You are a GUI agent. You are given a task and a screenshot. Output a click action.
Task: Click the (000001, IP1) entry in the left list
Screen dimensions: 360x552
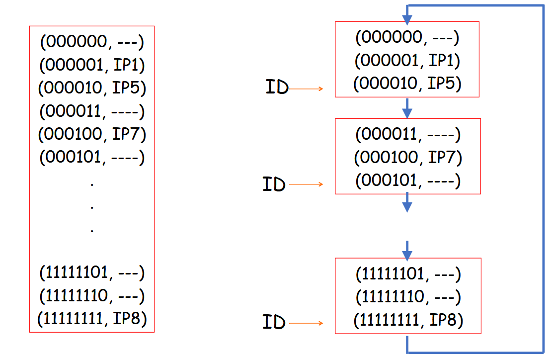tap(92, 65)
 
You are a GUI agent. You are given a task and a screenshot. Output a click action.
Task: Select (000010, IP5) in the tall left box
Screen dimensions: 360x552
tap(92, 88)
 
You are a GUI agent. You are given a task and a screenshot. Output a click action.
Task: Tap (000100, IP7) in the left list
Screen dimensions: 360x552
tap(92, 134)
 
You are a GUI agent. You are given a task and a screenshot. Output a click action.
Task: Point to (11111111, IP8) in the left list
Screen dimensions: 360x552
tap(92, 318)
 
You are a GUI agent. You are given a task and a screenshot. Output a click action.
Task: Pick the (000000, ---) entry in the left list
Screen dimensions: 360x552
tap(92, 42)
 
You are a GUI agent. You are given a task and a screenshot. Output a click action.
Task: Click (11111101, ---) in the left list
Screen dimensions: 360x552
tap(92, 272)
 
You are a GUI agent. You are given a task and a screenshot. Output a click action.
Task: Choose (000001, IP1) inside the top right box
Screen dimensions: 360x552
tap(407, 61)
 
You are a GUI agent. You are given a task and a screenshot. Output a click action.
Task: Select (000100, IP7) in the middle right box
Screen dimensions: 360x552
tap(408, 158)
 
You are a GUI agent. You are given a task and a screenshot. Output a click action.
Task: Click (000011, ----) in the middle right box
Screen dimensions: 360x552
tap(408, 134)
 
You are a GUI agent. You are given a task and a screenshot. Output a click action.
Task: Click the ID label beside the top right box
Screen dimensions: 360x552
tap(277, 89)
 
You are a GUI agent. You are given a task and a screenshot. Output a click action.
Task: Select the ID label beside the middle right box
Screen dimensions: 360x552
tap(274, 184)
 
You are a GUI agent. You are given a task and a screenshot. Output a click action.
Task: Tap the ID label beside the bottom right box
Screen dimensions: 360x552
tap(274, 323)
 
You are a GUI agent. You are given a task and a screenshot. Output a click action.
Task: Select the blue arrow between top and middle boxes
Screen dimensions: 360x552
tap(407, 107)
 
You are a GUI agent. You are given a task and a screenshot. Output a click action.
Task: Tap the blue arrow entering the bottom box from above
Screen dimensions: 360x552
tap(407, 251)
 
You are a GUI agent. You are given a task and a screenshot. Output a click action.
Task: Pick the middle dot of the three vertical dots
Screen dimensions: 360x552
tap(92, 206)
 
